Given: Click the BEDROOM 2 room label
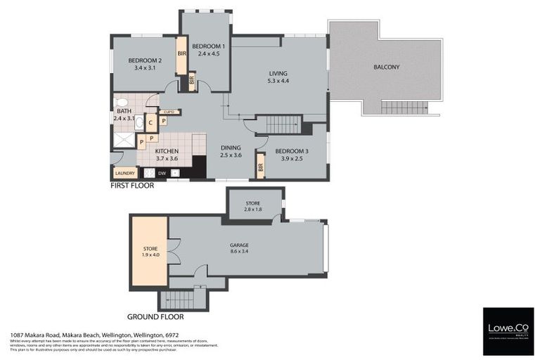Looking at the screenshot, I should click(146, 61).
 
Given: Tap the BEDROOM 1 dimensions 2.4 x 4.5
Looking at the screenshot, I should click(209, 53).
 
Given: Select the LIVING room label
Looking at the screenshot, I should click(278, 73).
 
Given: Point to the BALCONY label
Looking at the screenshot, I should click(386, 67).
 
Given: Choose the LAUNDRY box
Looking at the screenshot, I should click(124, 173).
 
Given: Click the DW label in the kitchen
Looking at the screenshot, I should click(162, 173).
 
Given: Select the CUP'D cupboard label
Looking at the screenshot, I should click(169, 112).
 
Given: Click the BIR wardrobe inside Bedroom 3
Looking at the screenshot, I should click(260, 168).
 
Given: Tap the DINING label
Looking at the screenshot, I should click(231, 147).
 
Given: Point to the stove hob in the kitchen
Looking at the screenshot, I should click(148, 172).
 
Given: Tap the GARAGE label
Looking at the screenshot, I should click(239, 245).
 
